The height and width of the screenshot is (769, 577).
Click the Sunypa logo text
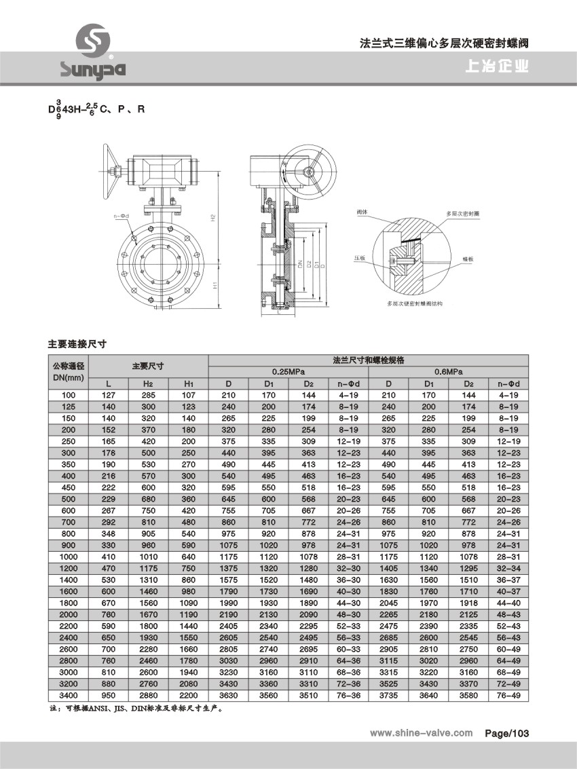tap(92, 69)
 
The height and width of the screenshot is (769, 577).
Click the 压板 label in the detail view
tap(358, 259)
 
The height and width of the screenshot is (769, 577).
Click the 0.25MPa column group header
tap(288, 372)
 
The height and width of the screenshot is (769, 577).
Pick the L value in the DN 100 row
tap(109, 395)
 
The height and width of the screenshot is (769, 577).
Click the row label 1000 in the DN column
tap(69, 556)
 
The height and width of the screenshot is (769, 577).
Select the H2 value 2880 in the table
tap(149, 695)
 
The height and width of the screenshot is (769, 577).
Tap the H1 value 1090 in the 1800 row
tap(189, 603)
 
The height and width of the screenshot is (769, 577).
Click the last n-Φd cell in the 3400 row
tap(508, 695)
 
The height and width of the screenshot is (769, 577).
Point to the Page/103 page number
tap(506, 733)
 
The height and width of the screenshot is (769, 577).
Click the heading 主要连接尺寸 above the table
tap(78, 344)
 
